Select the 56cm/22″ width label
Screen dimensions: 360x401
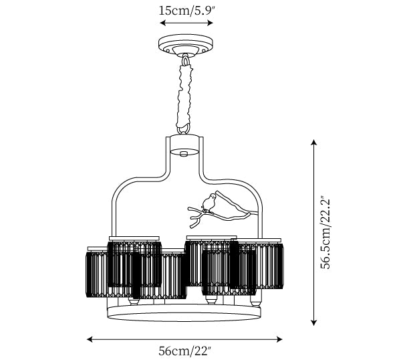(x=184, y=350)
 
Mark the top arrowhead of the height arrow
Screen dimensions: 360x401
(x=313, y=141)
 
